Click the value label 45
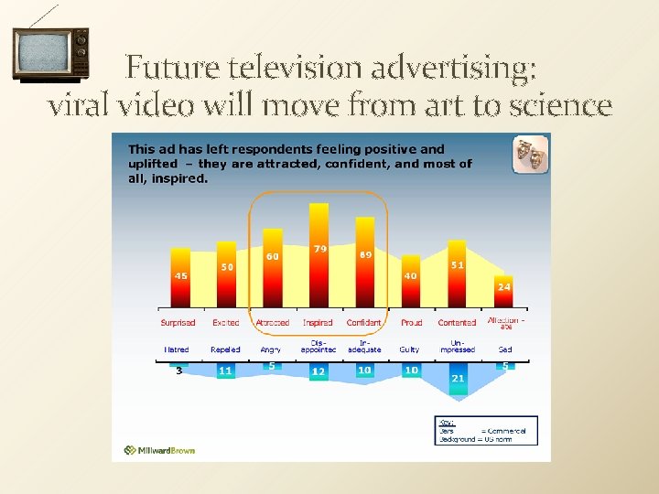[181, 275]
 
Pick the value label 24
[503, 286]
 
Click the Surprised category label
[178, 323]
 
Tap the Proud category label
[411, 323]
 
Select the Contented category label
[457, 323]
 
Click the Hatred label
[177, 349]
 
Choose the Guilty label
[409, 349]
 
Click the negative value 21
[458, 378]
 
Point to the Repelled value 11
[225, 371]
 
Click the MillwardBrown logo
[160, 450]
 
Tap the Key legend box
[485, 430]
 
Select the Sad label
[504, 349]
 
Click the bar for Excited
[225, 276]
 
